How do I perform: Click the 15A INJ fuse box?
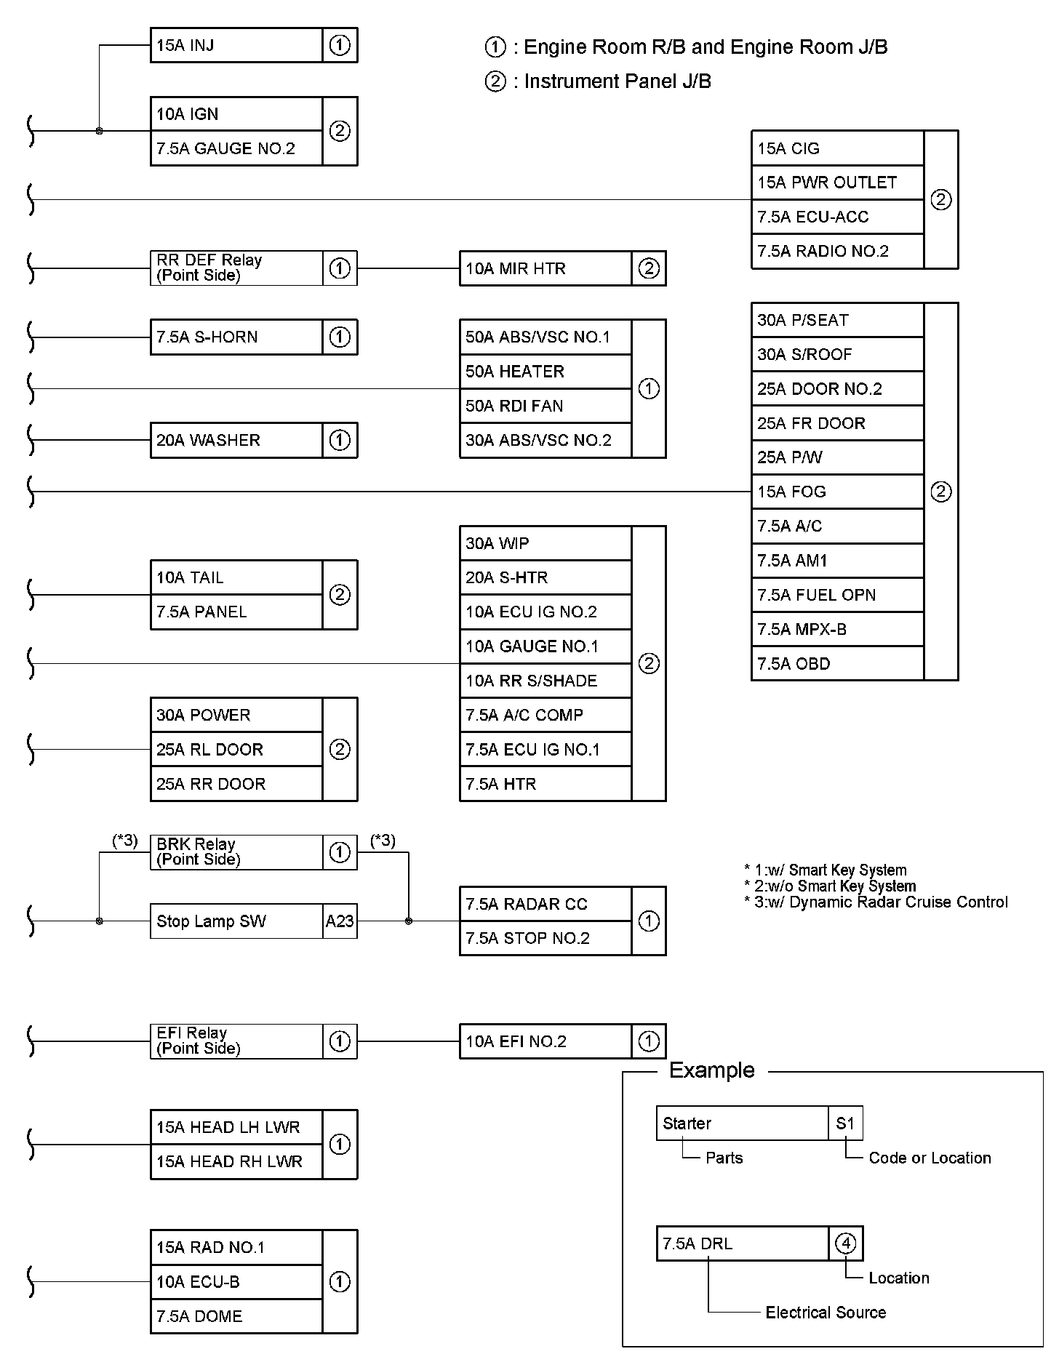(x=236, y=45)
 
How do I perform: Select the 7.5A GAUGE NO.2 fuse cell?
(x=236, y=148)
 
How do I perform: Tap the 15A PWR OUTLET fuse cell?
(x=837, y=183)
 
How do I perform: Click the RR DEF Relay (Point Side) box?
(x=236, y=268)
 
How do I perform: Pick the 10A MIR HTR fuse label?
(x=546, y=268)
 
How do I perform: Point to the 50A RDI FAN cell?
(x=546, y=406)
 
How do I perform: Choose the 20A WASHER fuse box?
(x=236, y=440)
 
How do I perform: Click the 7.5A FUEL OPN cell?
(x=837, y=595)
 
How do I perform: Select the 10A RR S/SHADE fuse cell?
(x=546, y=681)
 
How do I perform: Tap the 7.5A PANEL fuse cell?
(x=236, y=612)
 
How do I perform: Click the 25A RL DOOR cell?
(x=236, y=749)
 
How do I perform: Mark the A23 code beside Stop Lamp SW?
(x=340, y=921)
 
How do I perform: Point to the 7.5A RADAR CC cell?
(x=546, y=904)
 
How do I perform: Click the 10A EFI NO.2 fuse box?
(x=546, y=1041)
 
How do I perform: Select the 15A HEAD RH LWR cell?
(x=236, y=1161)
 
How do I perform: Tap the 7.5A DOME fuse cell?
(x=236, y=1316)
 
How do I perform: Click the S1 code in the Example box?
(x=845, y=1123)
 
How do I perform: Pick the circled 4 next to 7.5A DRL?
(x=845, y=1243)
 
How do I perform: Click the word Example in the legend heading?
(x=711, y=1070)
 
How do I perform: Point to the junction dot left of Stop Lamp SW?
(x=100, y=921)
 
